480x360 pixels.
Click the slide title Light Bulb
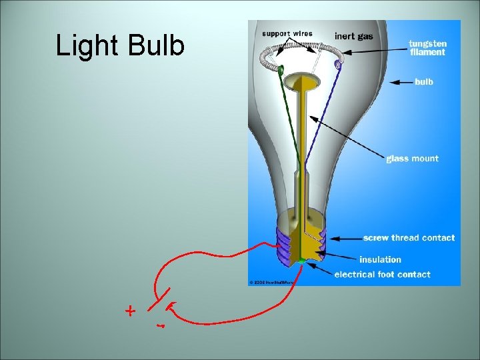[120, 46]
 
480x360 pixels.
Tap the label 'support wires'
[286, 33]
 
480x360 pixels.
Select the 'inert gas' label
[353, 36]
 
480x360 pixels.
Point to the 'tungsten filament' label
[428, 48]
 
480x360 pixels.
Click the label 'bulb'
[424, 82]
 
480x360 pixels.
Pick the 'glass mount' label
[413, 159]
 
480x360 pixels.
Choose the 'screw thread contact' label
[409, 238]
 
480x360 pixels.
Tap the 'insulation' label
[380, 259]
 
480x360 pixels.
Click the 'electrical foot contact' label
[382, 275]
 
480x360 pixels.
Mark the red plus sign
[131, 311]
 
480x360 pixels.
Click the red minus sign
[160, 327]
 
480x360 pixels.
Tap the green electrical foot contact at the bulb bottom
[301, 259]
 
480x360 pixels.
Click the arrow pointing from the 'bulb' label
[401, 82]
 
